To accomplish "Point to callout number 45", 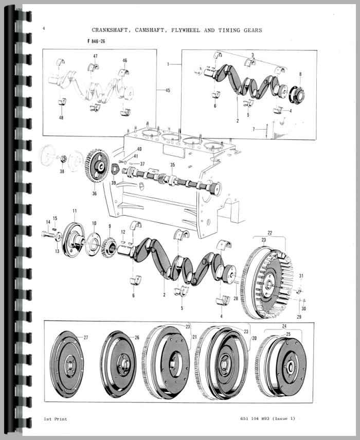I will [x=167, y=91].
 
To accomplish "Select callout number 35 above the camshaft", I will [x=172, y=165].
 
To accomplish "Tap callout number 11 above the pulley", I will [x=75, y=212].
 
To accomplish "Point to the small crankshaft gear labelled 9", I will [x=109, y=241].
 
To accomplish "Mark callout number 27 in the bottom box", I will [x=86, y=337].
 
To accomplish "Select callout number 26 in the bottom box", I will [x=137, y=338].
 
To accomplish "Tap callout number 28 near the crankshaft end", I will [x=236, y=298].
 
